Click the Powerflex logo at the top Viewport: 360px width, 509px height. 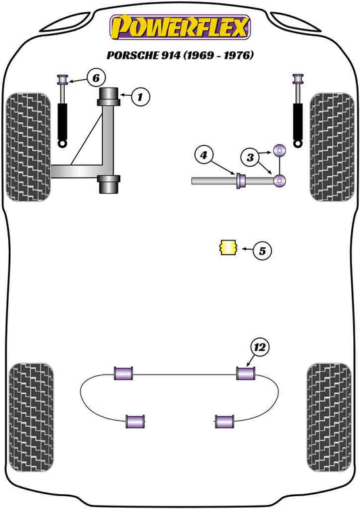(x=180, y=29)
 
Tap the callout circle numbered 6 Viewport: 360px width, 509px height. (x=96, y=79)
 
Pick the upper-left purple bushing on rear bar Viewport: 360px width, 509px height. (x=124, y=372)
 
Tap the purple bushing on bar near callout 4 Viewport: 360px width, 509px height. (x=239, y=182)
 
